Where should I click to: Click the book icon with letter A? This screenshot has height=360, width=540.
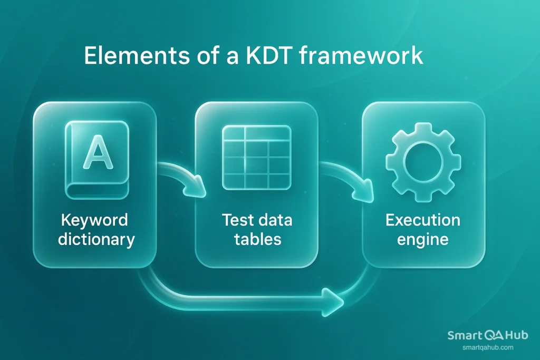click(95, 160)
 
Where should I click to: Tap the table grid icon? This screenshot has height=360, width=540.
click(256, 158)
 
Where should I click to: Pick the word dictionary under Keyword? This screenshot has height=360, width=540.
click(96, 239)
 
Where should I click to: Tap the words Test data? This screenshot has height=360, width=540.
click(257, 220)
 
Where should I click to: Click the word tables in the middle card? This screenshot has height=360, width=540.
click(257, 239)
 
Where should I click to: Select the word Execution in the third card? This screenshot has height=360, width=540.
click(423, 220)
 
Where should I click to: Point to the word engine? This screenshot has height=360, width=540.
click(423, 239)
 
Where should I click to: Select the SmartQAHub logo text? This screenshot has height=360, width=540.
click(487, 335)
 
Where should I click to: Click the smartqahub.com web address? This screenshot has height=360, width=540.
click(487, 347)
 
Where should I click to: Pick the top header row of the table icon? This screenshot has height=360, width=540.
click(256, 134)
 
